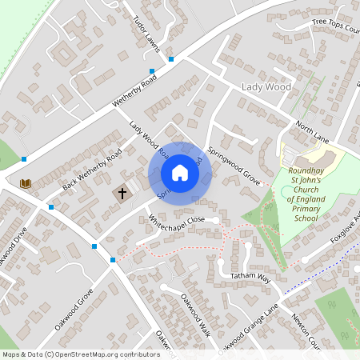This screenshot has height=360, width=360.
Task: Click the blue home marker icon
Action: coord(180,173)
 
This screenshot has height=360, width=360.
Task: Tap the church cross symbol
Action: coord(122,193)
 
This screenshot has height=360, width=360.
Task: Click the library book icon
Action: coord(26,183)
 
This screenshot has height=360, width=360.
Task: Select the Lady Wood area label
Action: coord(266,86)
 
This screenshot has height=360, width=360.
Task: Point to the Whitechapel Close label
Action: coord(177,222)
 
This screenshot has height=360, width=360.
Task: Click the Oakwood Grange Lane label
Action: coord(249,326)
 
